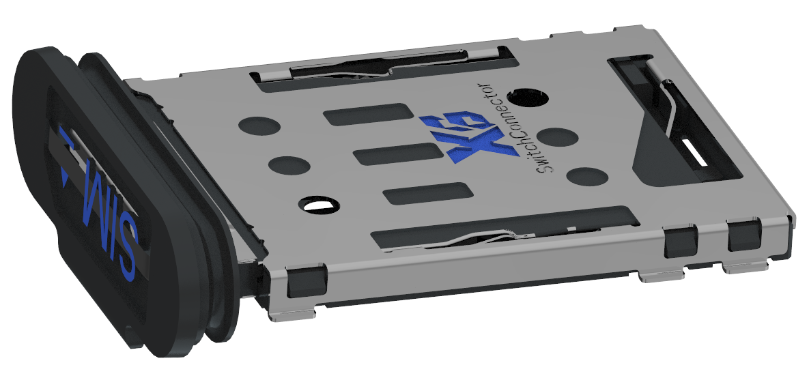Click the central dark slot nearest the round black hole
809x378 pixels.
368,117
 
